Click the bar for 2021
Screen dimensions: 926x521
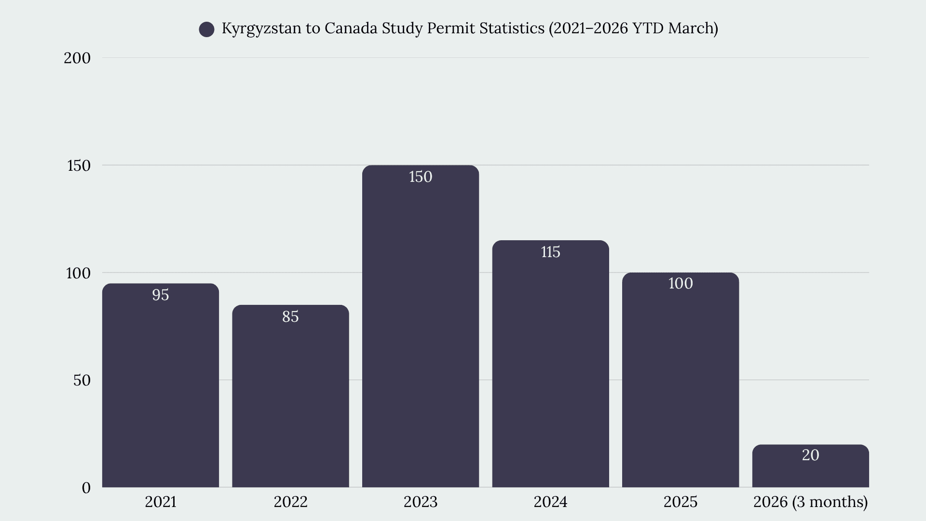pyautogui.click(x=161, y=385)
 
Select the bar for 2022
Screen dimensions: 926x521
pyautogui.click(x=290, y=396)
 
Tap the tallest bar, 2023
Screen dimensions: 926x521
pyautogui.click(x=421, y=326)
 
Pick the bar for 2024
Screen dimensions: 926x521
pyautogui.click(x=550, y=364)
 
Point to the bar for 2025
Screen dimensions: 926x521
pyautogui.click(x=681, y=380)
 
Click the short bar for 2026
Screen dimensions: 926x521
pyautogui.click(x=810, y=466)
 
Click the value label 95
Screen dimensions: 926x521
pyautogui.click(x=161, y=295)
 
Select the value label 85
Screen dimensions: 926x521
pyautogui.click(x=290, y=316)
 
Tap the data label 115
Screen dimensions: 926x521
pyautogui.click(x=550, y=252)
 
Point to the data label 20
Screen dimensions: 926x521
pyautogui.click(x=810, y=455)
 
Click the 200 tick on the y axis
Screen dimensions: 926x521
pyautogui.click(x=77, y=58)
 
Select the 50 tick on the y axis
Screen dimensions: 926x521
pyautogui.click(x=82, y=380)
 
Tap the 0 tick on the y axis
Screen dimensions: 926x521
pyautogui.click(x=86, y=488)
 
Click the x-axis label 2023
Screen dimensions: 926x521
pyautogui.click(x=421, y=502)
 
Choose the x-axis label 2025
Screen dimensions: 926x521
pyautogui.click(x=681, y=502)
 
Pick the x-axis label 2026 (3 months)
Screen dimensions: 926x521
pyautogui.click(x=810, y=502)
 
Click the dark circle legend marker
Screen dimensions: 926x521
pyautogui.click(x=207, y=29)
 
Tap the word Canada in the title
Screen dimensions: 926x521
pyautogui.click(x=351, y=28)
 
